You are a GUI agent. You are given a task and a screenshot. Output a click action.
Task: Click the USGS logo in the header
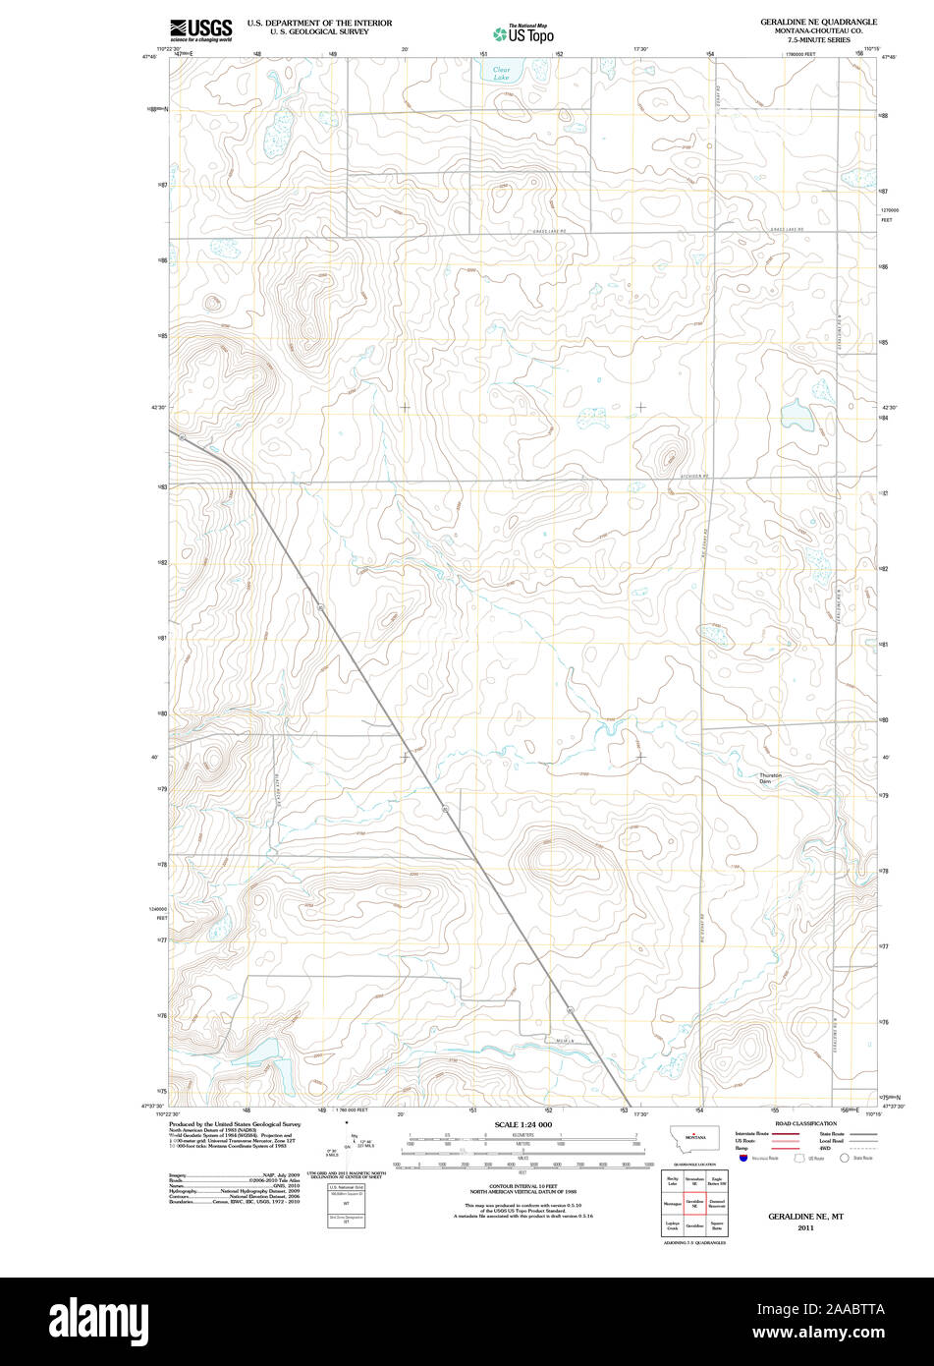pyautogui.click(x=200, y=29)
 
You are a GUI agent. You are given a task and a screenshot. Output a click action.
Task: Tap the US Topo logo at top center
pyautogui.click(x=523, y=33)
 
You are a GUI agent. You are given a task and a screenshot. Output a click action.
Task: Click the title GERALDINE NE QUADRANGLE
pyautogui.click(x=818, y=21)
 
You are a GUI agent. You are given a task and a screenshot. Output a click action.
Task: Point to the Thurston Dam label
pyautogui.click(x=770, y=778)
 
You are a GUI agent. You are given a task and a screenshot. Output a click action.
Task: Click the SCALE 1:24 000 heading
pyautogui.click(x=523, y=1124)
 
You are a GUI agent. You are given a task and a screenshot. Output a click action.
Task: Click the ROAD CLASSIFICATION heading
pyautogui.click(x=806, y=1123)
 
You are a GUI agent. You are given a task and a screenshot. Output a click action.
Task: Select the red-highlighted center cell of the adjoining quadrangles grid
pyautogui.click(x=695, y=1202)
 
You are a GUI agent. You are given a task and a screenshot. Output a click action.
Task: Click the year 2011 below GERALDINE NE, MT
pyautogui.click(x=805, y=1228)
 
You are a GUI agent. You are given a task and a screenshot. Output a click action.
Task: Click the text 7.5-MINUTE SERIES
pyautogui.click(x=818, y=39)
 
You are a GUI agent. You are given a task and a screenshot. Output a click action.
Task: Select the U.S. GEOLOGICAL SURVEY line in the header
pyautogui.click(x=319, y=30)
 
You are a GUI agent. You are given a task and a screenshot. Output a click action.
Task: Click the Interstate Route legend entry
pyautogui.click(x=751, y=1134)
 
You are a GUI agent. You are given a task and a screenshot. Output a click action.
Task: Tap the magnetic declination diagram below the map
pyautogui.click(x=345, y=1144)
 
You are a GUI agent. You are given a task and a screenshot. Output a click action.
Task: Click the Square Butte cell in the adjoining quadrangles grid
pyautogui.click(x=717, y=1226)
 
